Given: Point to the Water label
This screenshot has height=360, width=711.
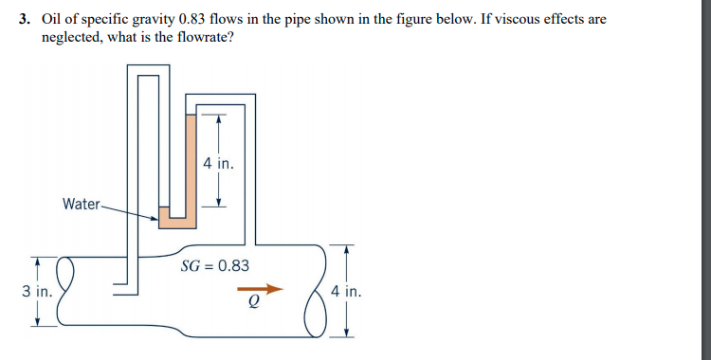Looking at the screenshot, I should (x=81, y=204).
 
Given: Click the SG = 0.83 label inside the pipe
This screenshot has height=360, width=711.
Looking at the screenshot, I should (x=215, y=266).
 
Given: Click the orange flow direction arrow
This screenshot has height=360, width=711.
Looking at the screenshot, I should (x=260, y=288).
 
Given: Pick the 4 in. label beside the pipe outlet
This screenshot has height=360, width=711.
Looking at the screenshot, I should (x=347, y=291).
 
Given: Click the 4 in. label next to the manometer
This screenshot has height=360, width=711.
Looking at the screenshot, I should (x=217, y=163).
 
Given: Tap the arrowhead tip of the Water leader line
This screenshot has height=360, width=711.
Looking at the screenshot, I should (x=156, y=219).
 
